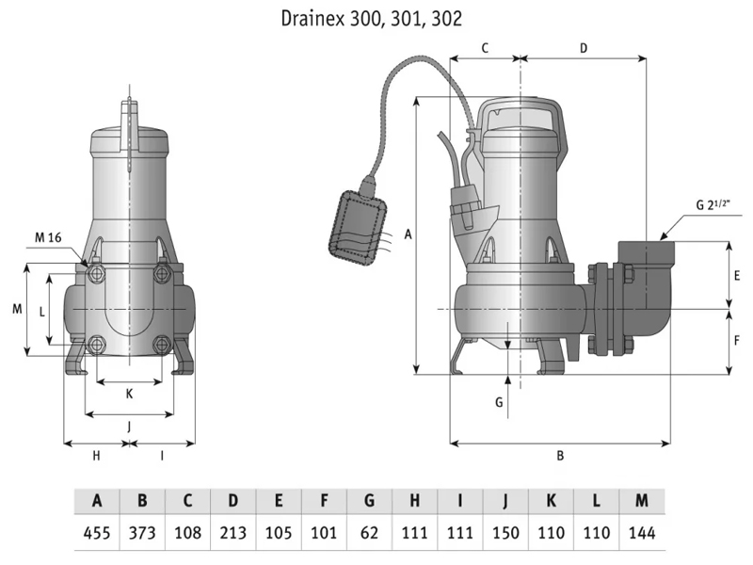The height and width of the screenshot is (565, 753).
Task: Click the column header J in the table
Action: [x=505, y=500]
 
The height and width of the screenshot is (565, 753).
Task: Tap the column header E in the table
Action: [x=279, y=500]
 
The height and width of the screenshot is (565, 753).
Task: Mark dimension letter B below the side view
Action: [x=560, y=456]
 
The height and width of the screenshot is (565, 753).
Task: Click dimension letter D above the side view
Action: [x=583, y=46]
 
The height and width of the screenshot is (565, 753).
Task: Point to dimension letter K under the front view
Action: [x=129, y=394]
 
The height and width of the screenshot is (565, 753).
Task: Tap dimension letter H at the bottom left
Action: [x=95, y=456]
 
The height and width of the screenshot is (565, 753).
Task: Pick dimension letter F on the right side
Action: [x=737, y=340]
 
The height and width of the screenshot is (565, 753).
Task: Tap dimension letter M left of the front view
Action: [x=16, y=309]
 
